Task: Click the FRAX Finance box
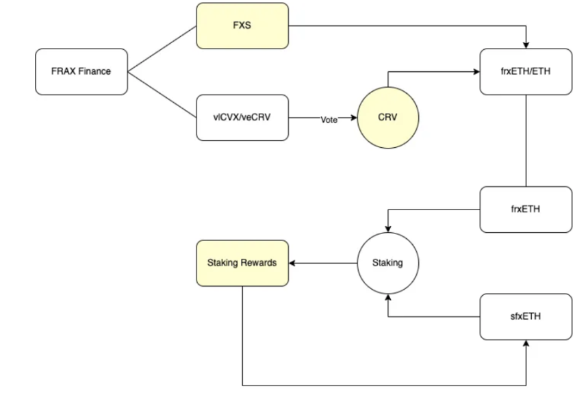81,71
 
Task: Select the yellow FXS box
242,26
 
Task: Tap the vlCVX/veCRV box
242,118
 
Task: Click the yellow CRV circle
387,118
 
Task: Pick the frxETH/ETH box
526,71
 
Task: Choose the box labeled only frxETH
526,209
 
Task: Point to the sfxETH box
526,317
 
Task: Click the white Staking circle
387,262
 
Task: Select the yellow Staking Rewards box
242,262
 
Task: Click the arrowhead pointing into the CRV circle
354,118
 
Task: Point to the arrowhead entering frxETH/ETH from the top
526,45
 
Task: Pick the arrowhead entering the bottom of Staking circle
387,296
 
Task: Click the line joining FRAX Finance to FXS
162,49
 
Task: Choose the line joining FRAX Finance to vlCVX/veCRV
162,94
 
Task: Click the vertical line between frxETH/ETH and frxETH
526,140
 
